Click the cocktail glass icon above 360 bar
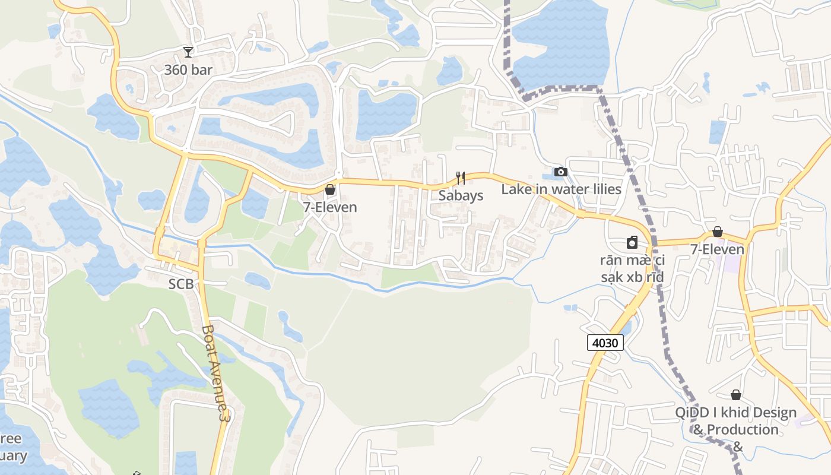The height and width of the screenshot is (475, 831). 188,52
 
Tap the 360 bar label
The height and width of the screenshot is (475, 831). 188,70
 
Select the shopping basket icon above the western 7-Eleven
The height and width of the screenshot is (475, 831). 330,189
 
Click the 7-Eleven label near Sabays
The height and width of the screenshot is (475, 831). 330,207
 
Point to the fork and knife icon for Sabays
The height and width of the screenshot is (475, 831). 460,178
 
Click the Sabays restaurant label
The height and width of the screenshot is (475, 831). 461,195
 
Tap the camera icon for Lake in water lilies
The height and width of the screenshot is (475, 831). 560,172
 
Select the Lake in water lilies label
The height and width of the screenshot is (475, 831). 561,189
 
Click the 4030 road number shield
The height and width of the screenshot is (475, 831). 605,343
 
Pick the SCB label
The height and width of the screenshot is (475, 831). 181,284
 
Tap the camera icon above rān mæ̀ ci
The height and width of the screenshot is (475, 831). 632,243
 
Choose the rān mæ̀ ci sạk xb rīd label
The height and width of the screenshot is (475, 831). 632,268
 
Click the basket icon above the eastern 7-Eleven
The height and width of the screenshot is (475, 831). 718,232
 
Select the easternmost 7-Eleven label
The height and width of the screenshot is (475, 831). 717,249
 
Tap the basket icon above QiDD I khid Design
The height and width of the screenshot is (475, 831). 736,395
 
